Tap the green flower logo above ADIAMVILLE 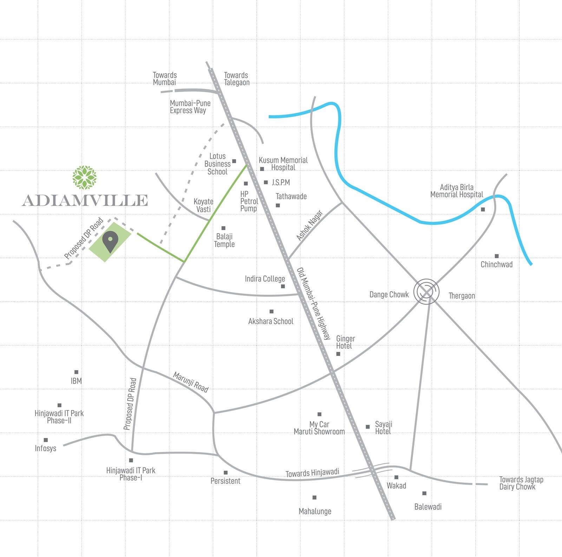(x=84, y=177)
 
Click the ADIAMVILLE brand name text (x=85, y=200)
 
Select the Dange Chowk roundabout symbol (x=426, y=291)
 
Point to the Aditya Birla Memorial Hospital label (x=457, y=191)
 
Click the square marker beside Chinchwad (x=496, y=256)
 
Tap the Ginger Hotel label (x=345, y=342)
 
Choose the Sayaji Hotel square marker (x=368, y=427)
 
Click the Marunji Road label (x=191, y=382)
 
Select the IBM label (x=76, y=381)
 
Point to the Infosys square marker (x=46, y=440)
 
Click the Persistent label (x=226, y=481)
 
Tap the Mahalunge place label (x=315, y=511)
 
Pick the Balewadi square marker (x=424, y=493)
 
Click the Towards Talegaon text (x=237, y=79)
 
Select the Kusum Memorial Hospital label (x=283, y=164)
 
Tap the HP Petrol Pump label (x=249, y=201)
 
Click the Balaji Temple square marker (x=223, y=228)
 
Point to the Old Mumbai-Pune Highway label (x=314, y=304)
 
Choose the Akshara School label (x=270, y=321)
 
